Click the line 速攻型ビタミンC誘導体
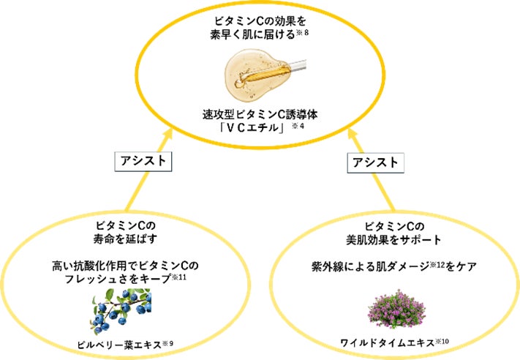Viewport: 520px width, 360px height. click(260, 115)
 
